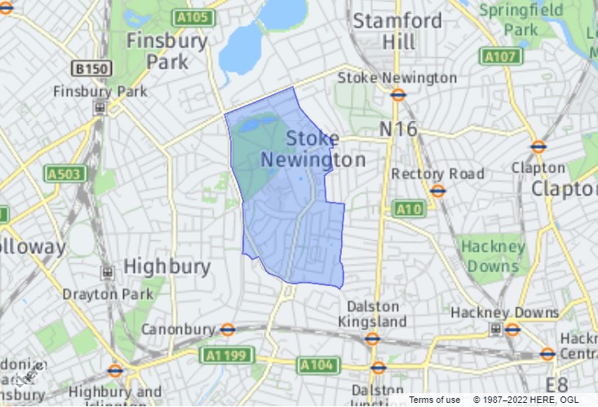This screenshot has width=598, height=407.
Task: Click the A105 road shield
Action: pyautogui.click(x=193, y=18)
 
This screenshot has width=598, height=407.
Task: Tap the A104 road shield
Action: pyautogui.click(x=316, y=365)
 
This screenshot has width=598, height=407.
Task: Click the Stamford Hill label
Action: pyautogui.click(x=397, y=30)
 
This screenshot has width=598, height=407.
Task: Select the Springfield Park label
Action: pyautogui.click(x=521, y=20)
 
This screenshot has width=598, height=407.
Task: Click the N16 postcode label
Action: pyautogui.click(x=398, y=129)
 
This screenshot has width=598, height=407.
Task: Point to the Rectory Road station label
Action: pyautogui.click(x=437, y=173)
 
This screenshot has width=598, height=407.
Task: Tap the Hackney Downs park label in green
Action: pyautogui.click(x=492, y=256)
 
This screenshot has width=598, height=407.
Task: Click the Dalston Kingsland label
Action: pyautogui.click(x=372, y=312)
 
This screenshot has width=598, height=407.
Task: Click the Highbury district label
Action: pyautogui.click(x=166, y=266)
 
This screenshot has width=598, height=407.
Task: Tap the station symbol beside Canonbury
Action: pyautogui.click(x=228, y=330)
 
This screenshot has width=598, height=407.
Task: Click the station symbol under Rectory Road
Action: pyautogui.click(x=438, y=190)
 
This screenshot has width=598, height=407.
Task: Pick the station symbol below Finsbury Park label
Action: pyautogui.click(x=100, y=107)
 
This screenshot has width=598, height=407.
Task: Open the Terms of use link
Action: pyautogui.click(x=434, y=399)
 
